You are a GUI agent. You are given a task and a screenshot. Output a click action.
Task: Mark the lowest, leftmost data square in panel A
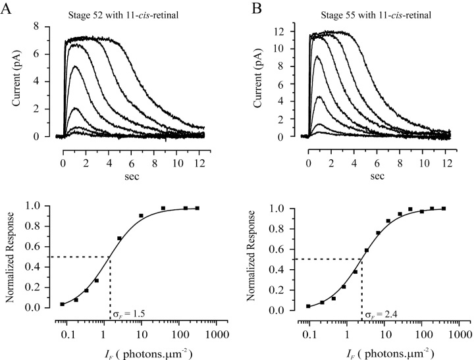[62, 304]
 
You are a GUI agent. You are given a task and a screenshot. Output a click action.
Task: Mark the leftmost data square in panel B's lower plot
[308, 306]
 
